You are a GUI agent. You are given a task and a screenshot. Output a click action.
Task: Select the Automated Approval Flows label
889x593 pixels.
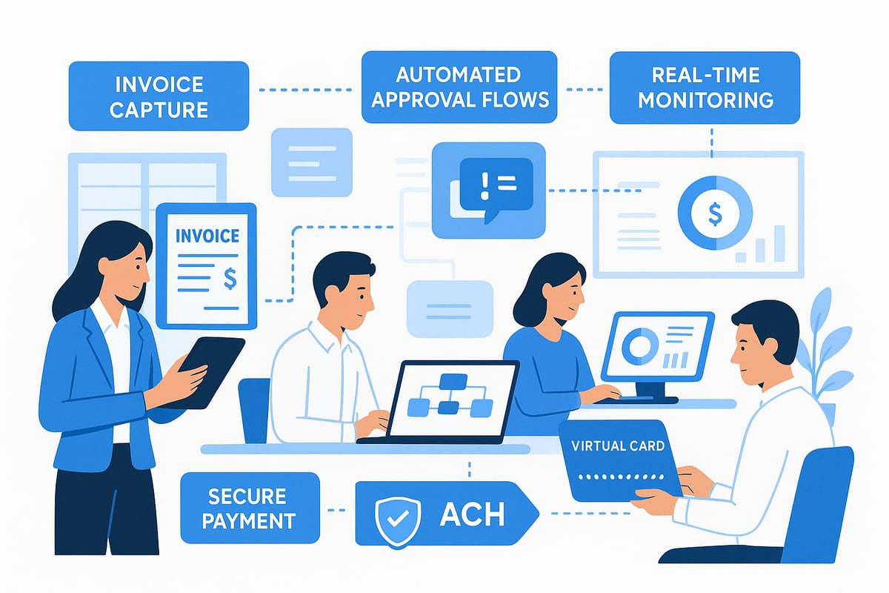click(x=459, y=86)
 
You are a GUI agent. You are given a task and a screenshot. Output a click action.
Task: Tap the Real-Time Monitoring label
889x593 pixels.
click(x=704, y=87)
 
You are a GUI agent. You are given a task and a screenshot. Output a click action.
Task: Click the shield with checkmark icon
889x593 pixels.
click(x=394, y=514)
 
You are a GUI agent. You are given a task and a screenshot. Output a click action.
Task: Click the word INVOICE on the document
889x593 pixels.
click(x=207, y=236)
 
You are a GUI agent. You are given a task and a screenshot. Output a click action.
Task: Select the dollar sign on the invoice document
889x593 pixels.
click(x=230, y=278)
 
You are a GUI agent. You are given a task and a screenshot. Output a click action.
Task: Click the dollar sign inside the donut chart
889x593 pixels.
click(x=714, y=214)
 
